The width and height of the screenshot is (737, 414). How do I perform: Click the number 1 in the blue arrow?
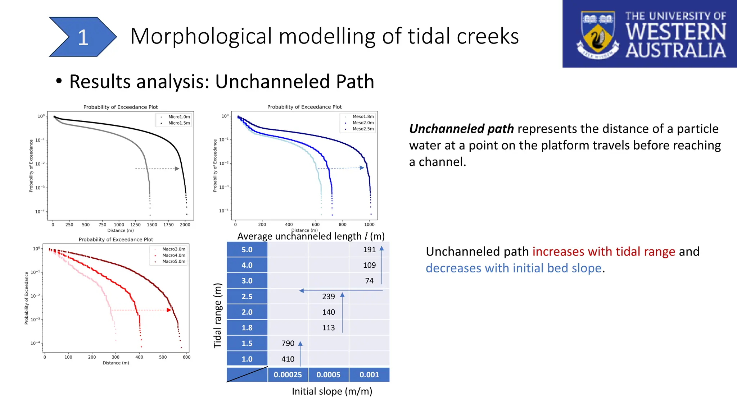pos(83,37)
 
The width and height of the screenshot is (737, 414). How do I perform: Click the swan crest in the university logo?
pos(598,35)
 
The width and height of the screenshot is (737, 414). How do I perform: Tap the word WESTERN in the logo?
pos(676,32)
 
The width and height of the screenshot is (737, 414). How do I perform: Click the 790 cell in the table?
pos(288,343)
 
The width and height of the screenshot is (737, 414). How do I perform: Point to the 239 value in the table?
pos(328,296)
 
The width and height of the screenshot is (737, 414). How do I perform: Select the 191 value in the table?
pos(369,249)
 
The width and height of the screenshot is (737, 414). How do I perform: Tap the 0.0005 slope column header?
pos(328,374)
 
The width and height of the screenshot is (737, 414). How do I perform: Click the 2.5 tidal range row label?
pos(247,296)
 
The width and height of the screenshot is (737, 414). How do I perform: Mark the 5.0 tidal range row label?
pos(247,249)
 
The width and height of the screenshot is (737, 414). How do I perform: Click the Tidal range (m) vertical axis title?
pos(218,316)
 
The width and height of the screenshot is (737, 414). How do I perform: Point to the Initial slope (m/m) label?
pos(332,391)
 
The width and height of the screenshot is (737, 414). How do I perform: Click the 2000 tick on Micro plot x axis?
pos(185,225)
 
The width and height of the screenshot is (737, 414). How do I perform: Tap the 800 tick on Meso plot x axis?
pos(343,224)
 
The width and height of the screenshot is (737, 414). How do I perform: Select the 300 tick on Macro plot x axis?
pos(116,357)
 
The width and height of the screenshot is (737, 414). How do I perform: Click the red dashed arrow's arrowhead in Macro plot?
pos(169,310)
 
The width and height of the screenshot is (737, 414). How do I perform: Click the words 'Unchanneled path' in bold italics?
pos(461,129)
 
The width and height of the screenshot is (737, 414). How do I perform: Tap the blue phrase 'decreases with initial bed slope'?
pos(514,268)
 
